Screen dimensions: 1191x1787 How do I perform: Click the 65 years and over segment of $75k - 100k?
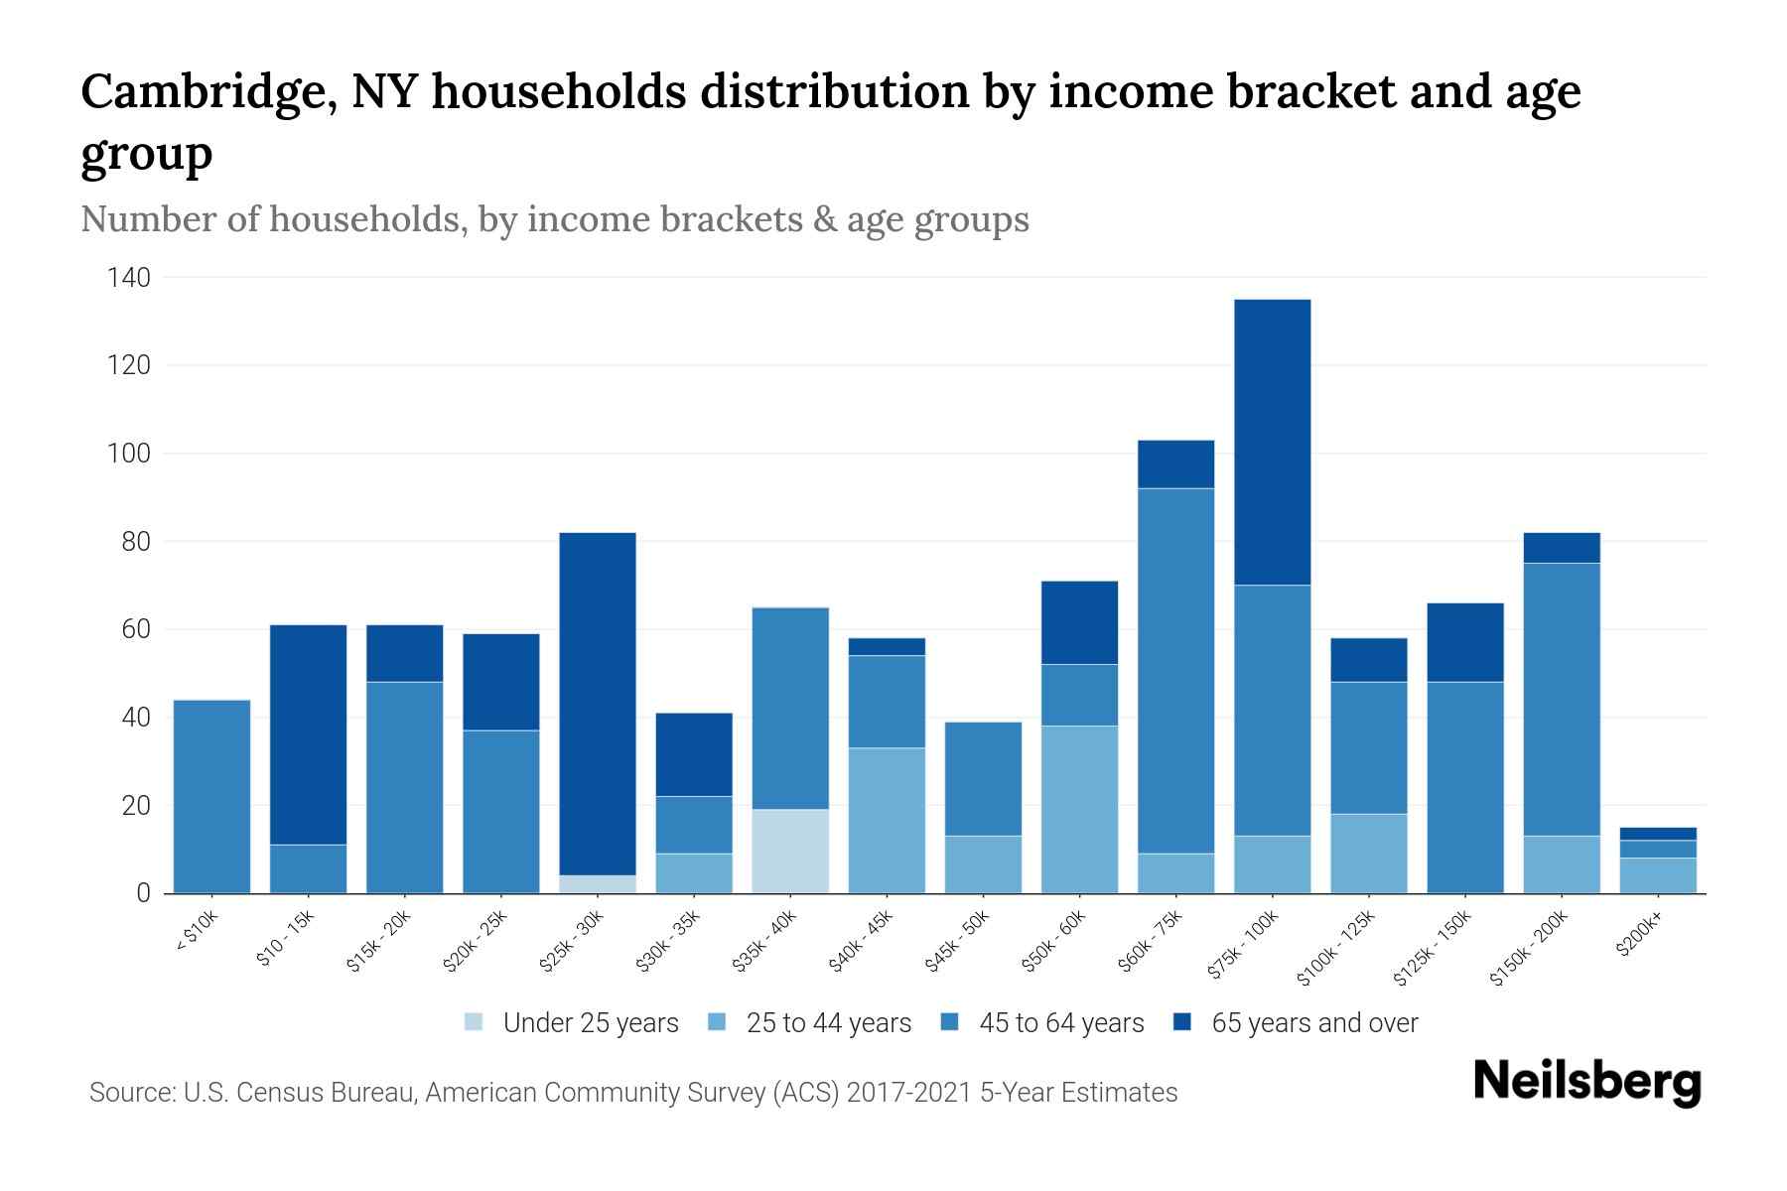pyautogui.click(x=1272, y=442)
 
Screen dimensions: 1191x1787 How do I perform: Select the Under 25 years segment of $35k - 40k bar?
pyautogui.click(x=790, y=851)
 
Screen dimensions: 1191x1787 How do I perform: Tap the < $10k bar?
pyautogui.click(x=211, y=796)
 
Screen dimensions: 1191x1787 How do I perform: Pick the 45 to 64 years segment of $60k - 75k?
pyautogui.click(x=1175, y=670)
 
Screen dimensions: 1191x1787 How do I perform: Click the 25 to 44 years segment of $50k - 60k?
pyautogui.click(x=1079, y=809)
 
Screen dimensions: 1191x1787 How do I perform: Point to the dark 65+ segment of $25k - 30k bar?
pyautogui.click(x=598, y=703)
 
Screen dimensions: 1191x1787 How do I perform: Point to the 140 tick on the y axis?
pyautogui.click(x=129, y=278)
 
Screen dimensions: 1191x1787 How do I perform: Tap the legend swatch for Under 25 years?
pyautogui.click(x=475, y=1022)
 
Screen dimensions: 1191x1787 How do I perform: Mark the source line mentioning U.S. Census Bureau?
pyautogui.click(x=632, y=1093)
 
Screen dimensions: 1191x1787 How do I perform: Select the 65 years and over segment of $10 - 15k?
pyautogui.click(x=308, y=734)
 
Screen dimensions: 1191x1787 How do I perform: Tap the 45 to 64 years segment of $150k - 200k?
pyautogui.click(x=1562, y=699)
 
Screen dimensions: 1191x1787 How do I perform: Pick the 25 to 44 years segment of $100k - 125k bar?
pyautogui.click(x=1369, y=853)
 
